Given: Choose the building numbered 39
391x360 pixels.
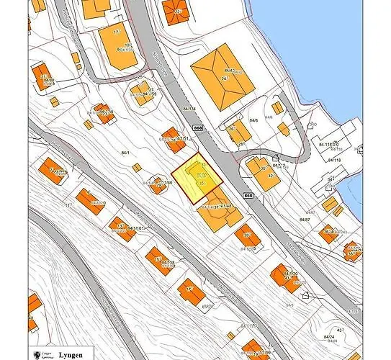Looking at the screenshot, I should [249, 238].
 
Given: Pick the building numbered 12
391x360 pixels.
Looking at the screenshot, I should [189, 291].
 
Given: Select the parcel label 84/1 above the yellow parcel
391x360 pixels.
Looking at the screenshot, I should [127, 153].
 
